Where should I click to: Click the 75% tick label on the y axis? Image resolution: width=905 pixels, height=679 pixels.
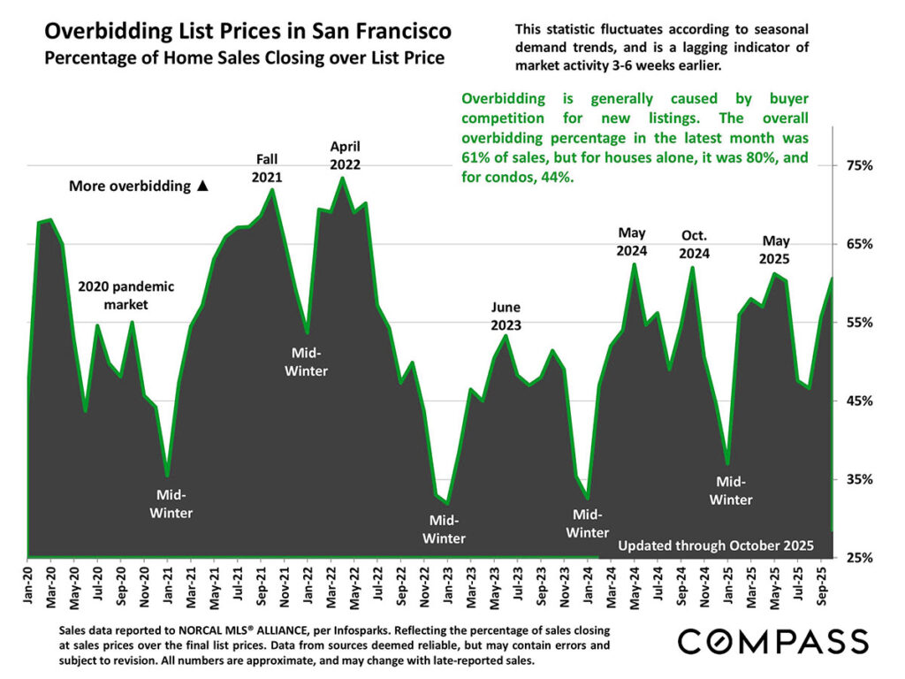(x=860, y=165)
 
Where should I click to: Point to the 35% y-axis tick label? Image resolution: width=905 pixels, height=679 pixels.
(x=860, y=479)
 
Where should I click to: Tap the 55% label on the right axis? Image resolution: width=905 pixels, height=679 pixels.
(x=860, y=323)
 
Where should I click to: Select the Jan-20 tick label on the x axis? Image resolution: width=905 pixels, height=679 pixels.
(x=27, y=589)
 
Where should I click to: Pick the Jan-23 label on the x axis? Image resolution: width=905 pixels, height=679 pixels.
(x=447, y=589)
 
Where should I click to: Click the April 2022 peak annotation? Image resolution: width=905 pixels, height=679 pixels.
(x=345, y=155)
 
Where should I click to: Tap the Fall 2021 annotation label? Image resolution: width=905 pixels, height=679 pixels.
(x=267, y=167)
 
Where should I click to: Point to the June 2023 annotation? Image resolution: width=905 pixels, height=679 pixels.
(x=506, y=316)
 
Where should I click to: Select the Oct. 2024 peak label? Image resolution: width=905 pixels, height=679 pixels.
(x=695, y=244)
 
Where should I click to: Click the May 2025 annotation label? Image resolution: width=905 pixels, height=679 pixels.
(x=775, y=250)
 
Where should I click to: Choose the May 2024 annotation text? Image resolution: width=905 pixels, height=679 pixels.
(x=632, y=241)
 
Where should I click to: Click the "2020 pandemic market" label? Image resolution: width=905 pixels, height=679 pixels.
(x=126, y=295)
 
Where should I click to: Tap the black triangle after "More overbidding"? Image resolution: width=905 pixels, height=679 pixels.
(x=202, y=187)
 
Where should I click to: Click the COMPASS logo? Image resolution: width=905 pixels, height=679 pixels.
(x=772, y=641)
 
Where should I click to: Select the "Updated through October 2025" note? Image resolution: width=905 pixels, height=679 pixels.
(x=715, y=545)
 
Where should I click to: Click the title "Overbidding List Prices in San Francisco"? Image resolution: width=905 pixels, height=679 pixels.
(x=247, y=33)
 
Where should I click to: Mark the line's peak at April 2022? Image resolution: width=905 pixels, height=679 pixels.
(x=342, y=179)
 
